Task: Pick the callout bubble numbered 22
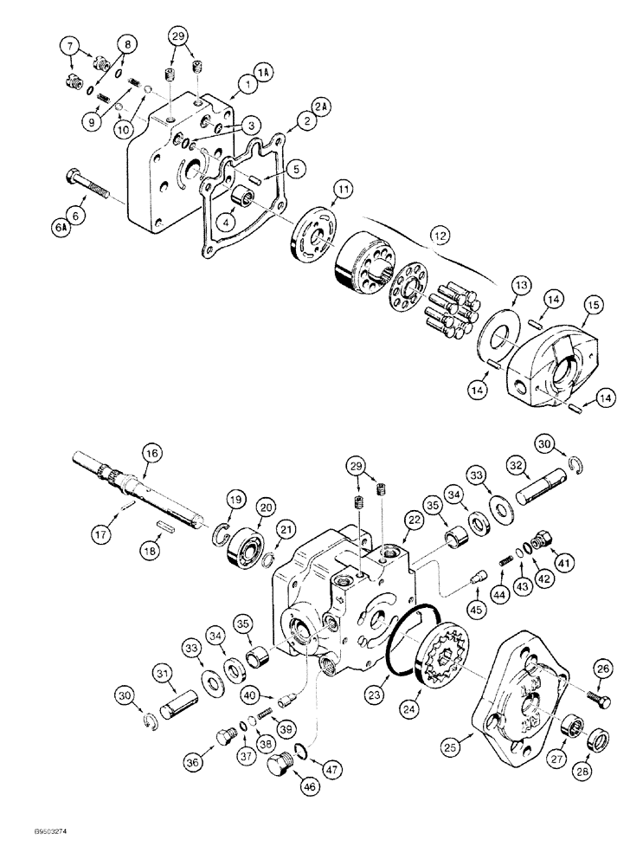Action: [x=412, y=519]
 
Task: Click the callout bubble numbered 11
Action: [x=344, y=188]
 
